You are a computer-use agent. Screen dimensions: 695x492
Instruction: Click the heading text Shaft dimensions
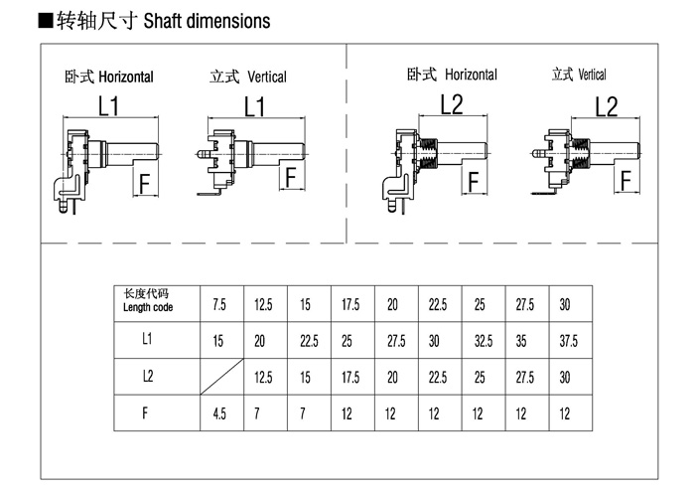[207, 21]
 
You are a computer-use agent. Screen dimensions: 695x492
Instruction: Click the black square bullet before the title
[46, 21]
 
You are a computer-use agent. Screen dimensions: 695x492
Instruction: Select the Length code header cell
[157, 304]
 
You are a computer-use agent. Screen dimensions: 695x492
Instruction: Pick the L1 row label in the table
[147, 339]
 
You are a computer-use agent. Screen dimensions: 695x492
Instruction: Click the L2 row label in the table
[148, 376]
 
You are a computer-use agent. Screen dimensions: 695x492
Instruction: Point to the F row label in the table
[145, 413]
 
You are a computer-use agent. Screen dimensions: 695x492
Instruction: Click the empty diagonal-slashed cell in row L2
[221, 377]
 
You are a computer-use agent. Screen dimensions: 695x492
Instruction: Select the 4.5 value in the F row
[219, 413]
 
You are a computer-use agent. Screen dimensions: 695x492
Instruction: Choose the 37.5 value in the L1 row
[568, 341]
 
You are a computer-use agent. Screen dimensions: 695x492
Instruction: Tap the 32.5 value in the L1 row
[484, 341]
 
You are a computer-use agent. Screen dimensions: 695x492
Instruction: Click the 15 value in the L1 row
[218, 341]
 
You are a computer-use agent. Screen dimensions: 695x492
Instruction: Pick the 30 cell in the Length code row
[565, 305]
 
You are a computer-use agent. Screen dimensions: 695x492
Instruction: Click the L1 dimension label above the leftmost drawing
[108, 106]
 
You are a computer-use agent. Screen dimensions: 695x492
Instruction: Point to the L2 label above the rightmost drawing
[606, 107]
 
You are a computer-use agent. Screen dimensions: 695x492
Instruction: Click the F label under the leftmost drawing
[145, 184]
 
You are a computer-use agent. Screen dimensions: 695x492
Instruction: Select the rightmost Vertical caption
[592, 75]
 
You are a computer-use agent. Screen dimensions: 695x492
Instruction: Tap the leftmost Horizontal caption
[126, 77]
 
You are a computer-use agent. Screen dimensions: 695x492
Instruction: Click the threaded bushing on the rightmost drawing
[580, 153]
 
